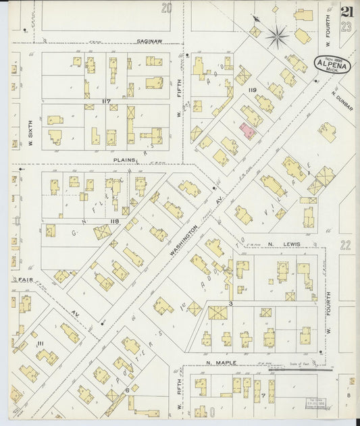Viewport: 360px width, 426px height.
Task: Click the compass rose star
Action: coord(277,37)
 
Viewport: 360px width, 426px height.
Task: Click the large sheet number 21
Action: coord(347,12)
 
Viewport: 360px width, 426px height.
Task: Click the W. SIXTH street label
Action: coord(31,134)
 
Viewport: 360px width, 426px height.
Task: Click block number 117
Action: coord(105,101)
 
